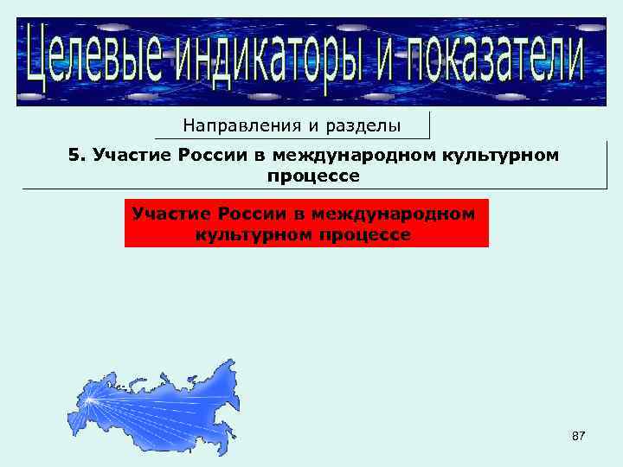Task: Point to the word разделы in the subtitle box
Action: [x=363, y=126]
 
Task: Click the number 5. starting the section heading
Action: [x=77, y=155]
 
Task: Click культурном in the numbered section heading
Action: [x=501, y=155]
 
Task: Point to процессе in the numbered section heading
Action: [x=313, y=176]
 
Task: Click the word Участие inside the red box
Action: [x=169, y=213]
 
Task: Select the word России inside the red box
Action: [x=247, y=213]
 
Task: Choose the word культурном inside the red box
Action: [x=250, y=233]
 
